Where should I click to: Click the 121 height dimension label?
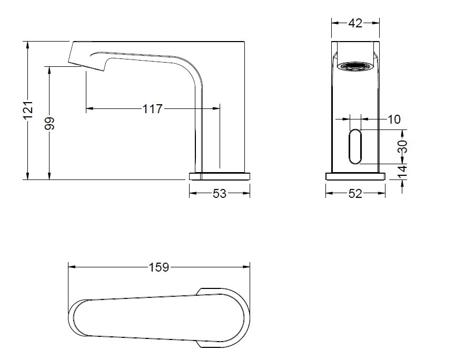28,110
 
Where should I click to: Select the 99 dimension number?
50,123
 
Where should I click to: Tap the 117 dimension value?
152,109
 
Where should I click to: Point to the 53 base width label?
220,194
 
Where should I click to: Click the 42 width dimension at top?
355,23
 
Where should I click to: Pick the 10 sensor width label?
394,119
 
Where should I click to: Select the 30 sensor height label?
402,146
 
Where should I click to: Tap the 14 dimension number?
402,172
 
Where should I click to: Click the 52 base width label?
355,194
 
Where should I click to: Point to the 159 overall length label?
159,267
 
